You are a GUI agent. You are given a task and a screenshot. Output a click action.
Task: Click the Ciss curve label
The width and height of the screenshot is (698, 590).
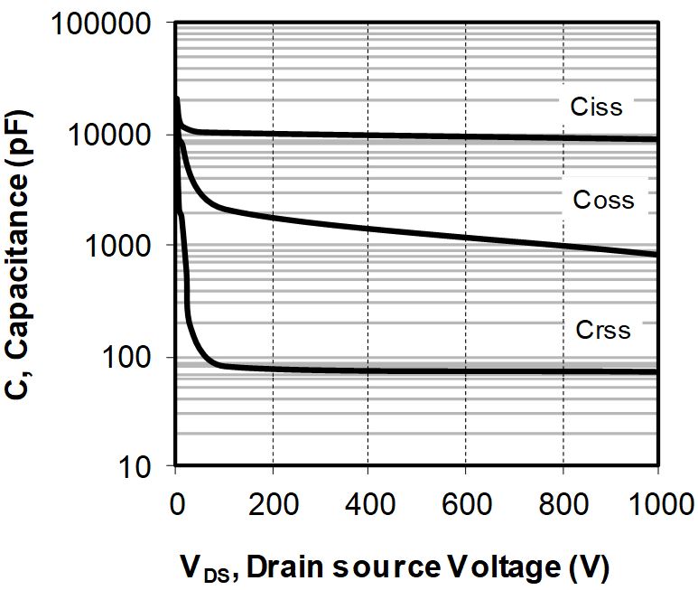(596, 107)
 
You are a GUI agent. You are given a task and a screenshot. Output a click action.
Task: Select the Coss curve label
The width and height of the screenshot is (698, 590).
(602, 200)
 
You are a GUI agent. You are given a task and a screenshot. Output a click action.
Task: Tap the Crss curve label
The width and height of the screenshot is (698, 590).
(602, 330)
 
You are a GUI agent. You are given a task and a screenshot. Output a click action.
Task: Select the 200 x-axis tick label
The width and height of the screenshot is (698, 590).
(272, 504)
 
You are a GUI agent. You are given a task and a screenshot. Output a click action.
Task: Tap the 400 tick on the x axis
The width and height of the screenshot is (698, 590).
(368, 504)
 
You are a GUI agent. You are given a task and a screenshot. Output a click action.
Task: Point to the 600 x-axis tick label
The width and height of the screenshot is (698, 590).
(465, 504)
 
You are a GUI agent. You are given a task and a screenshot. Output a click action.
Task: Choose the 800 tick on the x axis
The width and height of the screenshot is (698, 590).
(562, 504)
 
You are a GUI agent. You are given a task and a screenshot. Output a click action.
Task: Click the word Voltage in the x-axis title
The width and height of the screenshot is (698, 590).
(517, 567)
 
